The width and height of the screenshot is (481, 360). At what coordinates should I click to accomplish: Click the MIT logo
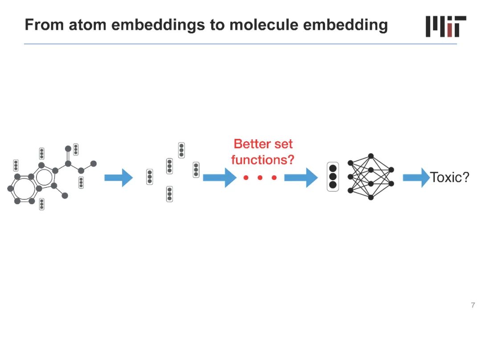click(446, 26)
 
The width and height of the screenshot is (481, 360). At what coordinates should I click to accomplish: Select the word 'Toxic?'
click(449, 178)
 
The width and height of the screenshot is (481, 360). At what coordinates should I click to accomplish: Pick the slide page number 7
click(473, 305)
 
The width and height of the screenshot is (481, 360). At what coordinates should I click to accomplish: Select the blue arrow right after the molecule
click(118, 178)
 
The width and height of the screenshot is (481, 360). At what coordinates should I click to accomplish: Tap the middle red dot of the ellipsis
click(260, 178)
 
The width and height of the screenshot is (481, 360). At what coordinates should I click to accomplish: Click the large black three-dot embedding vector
click(333, 177)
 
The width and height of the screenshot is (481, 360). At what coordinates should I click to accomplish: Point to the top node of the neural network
click(371, 156)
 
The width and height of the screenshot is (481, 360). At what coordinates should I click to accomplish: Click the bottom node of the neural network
click(371, 197)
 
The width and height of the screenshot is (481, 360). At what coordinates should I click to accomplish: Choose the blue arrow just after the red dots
click(301, 178)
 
